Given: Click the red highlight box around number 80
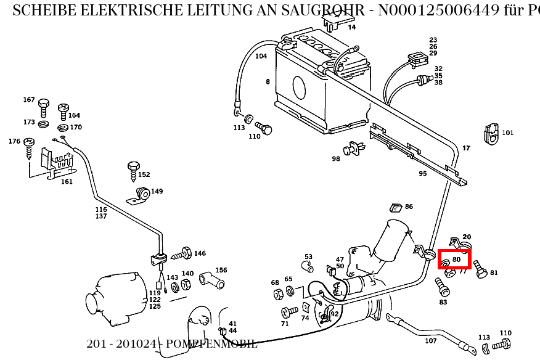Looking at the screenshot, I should coord(454,259).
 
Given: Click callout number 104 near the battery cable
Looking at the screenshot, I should coord(261,56).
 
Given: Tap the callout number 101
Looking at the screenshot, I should coord(507,133).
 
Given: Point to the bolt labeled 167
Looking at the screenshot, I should coord(44,107).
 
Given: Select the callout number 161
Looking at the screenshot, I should coord(67,182).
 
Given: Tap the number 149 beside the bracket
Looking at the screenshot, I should coord(157,192).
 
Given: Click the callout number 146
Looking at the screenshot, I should coord(200,253).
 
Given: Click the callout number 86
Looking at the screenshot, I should coord(409,207).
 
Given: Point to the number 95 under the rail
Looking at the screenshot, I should coord(423,174).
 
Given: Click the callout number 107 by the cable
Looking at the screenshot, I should coord(431,341).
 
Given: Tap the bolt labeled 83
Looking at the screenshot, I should coord(441,286).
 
